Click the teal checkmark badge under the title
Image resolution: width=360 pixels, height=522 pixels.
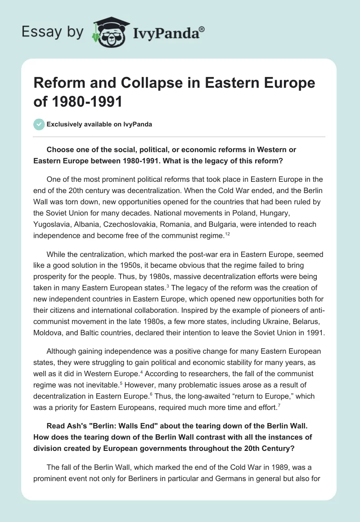point(40,124)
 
